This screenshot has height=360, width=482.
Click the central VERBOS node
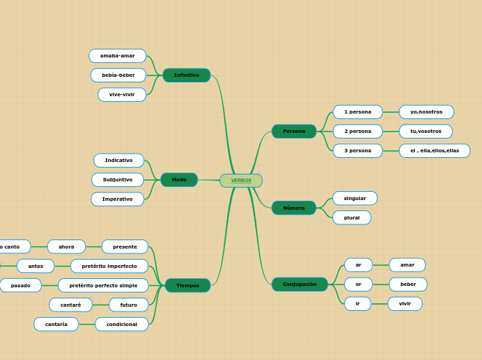[x=241, y=181]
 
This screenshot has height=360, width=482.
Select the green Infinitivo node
[x=186, y=75]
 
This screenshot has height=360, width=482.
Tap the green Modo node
[x=179, y=180]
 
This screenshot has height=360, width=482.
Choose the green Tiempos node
[x=188, y=285]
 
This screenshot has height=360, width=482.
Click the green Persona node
[x=294, y=131]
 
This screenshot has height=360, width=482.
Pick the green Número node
[x=294, y=208]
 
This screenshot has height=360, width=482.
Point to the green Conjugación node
[x=299, y=284]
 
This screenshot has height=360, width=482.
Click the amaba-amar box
[x=118, y=55]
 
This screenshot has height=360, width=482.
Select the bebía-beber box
[x=118, y=75]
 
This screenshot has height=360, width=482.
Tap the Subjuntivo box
[x=118, y=179]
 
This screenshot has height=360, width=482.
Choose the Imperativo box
[x=118, y=199]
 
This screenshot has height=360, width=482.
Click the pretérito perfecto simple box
[x=103, y=285]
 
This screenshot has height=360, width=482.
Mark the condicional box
[x=122, y=324]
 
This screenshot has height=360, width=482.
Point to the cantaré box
[x=71, y=305]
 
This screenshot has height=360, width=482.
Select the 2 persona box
[x=357, y=131]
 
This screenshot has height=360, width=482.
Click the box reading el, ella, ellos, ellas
[x=434, y=150]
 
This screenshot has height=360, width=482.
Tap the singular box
[x=355, y=198]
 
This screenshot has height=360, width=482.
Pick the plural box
[x=352, y=217]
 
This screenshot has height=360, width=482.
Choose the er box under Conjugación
[x=358, y=284]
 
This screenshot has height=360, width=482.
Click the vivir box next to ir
[x=405, y=303]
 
